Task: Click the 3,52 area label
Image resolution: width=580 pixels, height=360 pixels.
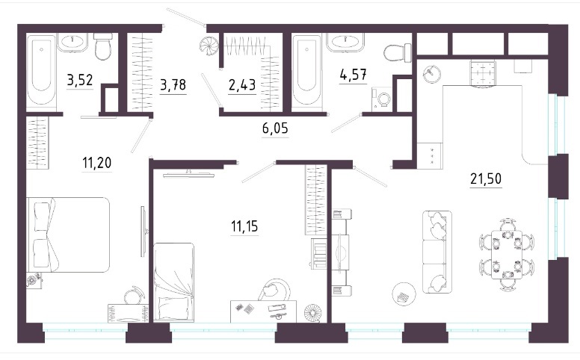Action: pyautogui.click(x=80, y=80)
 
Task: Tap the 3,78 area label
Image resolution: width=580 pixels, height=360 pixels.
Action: pyautogui.click(x=173, y=85)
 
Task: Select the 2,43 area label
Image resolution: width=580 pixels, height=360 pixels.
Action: pyautogui.click(x=242, y=85)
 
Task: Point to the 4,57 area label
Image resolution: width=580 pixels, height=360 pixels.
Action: pyautogui.click(x=354, y=74)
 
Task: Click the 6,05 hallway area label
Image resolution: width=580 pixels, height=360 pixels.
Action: pyautogui.click(x=275, y=128)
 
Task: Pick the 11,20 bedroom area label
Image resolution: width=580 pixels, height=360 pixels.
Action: pyautogui.click(x=97, y=163)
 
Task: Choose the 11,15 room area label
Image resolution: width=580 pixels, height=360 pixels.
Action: pyautogui.click(x=244, y=226)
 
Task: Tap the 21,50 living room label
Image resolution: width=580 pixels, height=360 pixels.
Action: pyautogui.click(x=486, y=179)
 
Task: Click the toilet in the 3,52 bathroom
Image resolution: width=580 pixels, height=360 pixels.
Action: pyautogui.click(x=103, y=46)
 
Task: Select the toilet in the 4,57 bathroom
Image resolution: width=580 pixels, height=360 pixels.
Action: pyautogui.click(x=398, y=53)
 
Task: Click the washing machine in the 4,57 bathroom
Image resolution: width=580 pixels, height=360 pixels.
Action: pyautogui.click(x=382, y=98)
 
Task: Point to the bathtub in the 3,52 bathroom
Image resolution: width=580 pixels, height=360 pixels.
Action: pyautogui.click(x=41, y=71)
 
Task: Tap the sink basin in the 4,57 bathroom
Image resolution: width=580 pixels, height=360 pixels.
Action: pyautogui.click(x=345, y=42)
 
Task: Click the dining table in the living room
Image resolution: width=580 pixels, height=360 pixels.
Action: pyautogui.click(x=507, y=255)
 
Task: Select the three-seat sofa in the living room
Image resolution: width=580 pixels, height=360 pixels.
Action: pyautogui.click(x=436, y=252)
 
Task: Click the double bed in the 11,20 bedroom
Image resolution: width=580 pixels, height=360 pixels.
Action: pyautogui.click(x=69, y=235)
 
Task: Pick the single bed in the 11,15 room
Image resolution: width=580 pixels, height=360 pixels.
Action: pyautogui.click(x=174, y=282)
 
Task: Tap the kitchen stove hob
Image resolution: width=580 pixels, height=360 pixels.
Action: pyautogui.click(x=482, y=73)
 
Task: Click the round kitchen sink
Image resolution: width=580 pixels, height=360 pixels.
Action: pyautogui.click(x=432, y=73)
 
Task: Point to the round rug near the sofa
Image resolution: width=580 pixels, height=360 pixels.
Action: pyautogui.click(x=404, y=294)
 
